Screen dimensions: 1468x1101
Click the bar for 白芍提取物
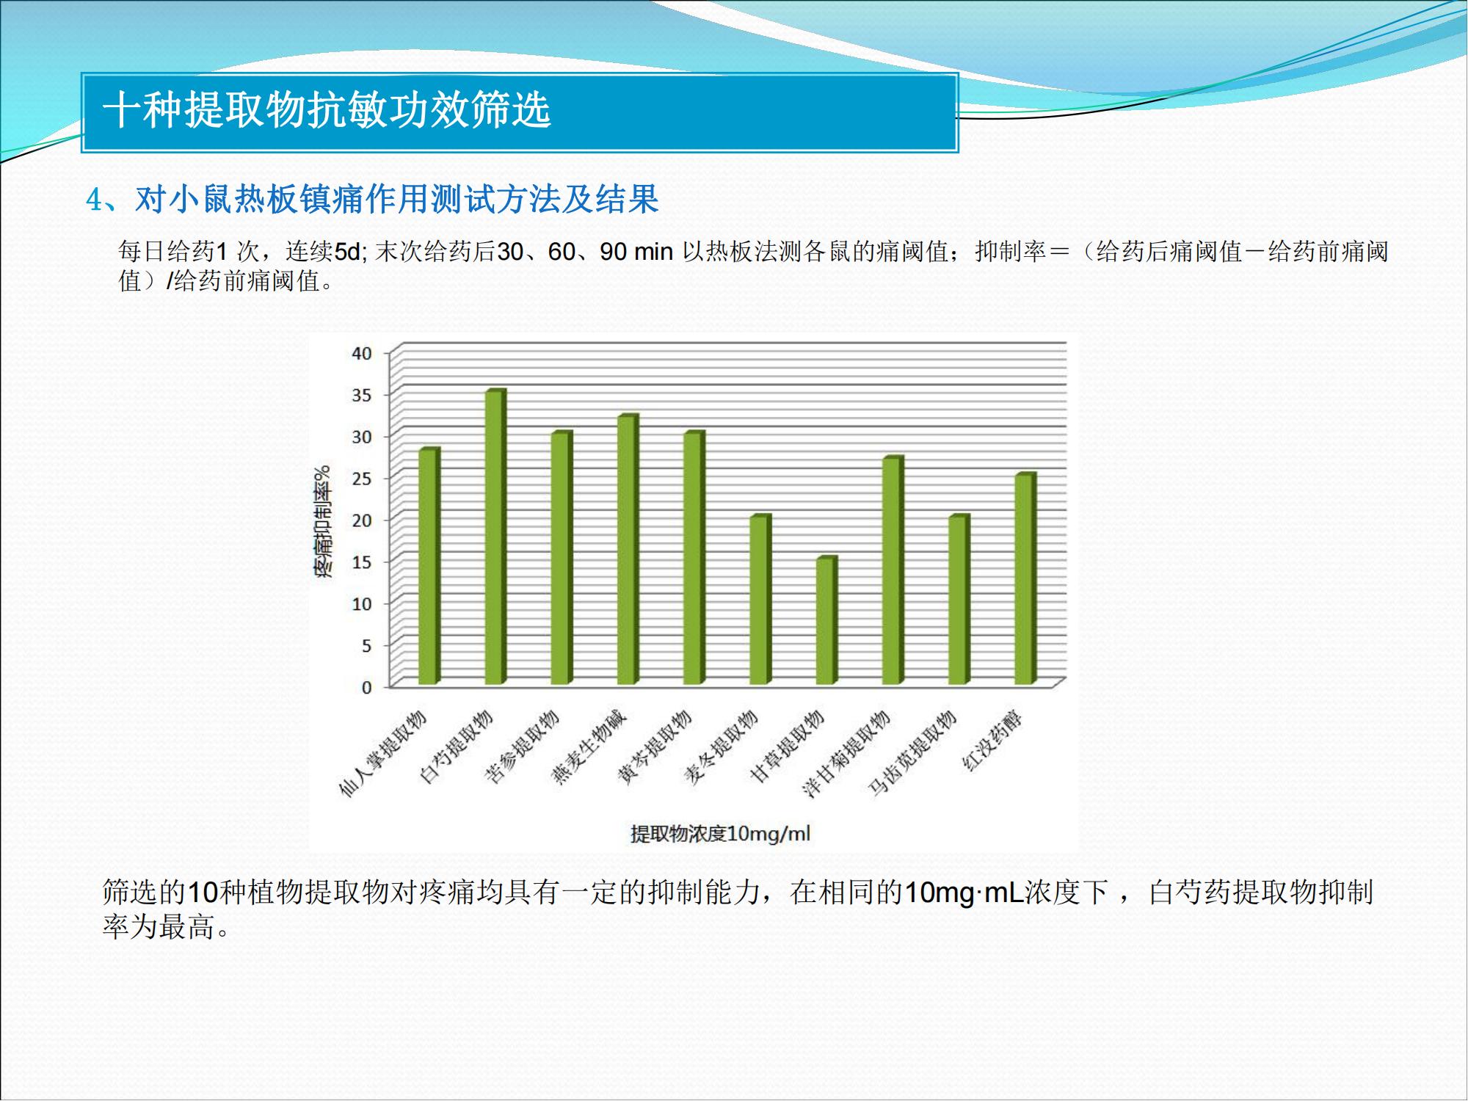(495, 537)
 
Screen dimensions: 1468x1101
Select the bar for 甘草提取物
(826, 621)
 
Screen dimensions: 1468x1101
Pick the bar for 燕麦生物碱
(628, 550)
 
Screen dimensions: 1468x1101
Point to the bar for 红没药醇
(1025, 579)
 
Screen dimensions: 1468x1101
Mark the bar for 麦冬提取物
(760, 600)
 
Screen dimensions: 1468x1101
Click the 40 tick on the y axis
(362, 353)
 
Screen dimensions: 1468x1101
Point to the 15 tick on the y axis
(362, 562)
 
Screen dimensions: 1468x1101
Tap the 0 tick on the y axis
(366, 688)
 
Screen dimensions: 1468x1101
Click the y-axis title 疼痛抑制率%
(323, 521)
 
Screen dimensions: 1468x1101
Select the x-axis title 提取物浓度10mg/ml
(720, 834)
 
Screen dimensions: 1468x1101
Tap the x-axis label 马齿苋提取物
(912, 753)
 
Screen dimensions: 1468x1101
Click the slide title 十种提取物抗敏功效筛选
(327, 111)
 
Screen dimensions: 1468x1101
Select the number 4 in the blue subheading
(94, 200)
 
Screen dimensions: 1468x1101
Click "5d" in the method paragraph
(349, 252)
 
